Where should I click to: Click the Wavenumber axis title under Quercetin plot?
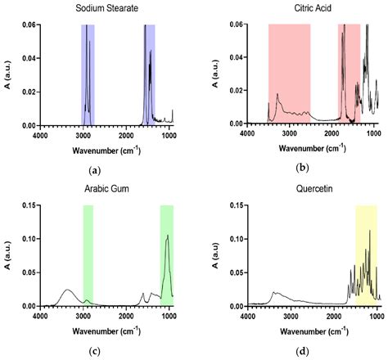pos(314,331)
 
